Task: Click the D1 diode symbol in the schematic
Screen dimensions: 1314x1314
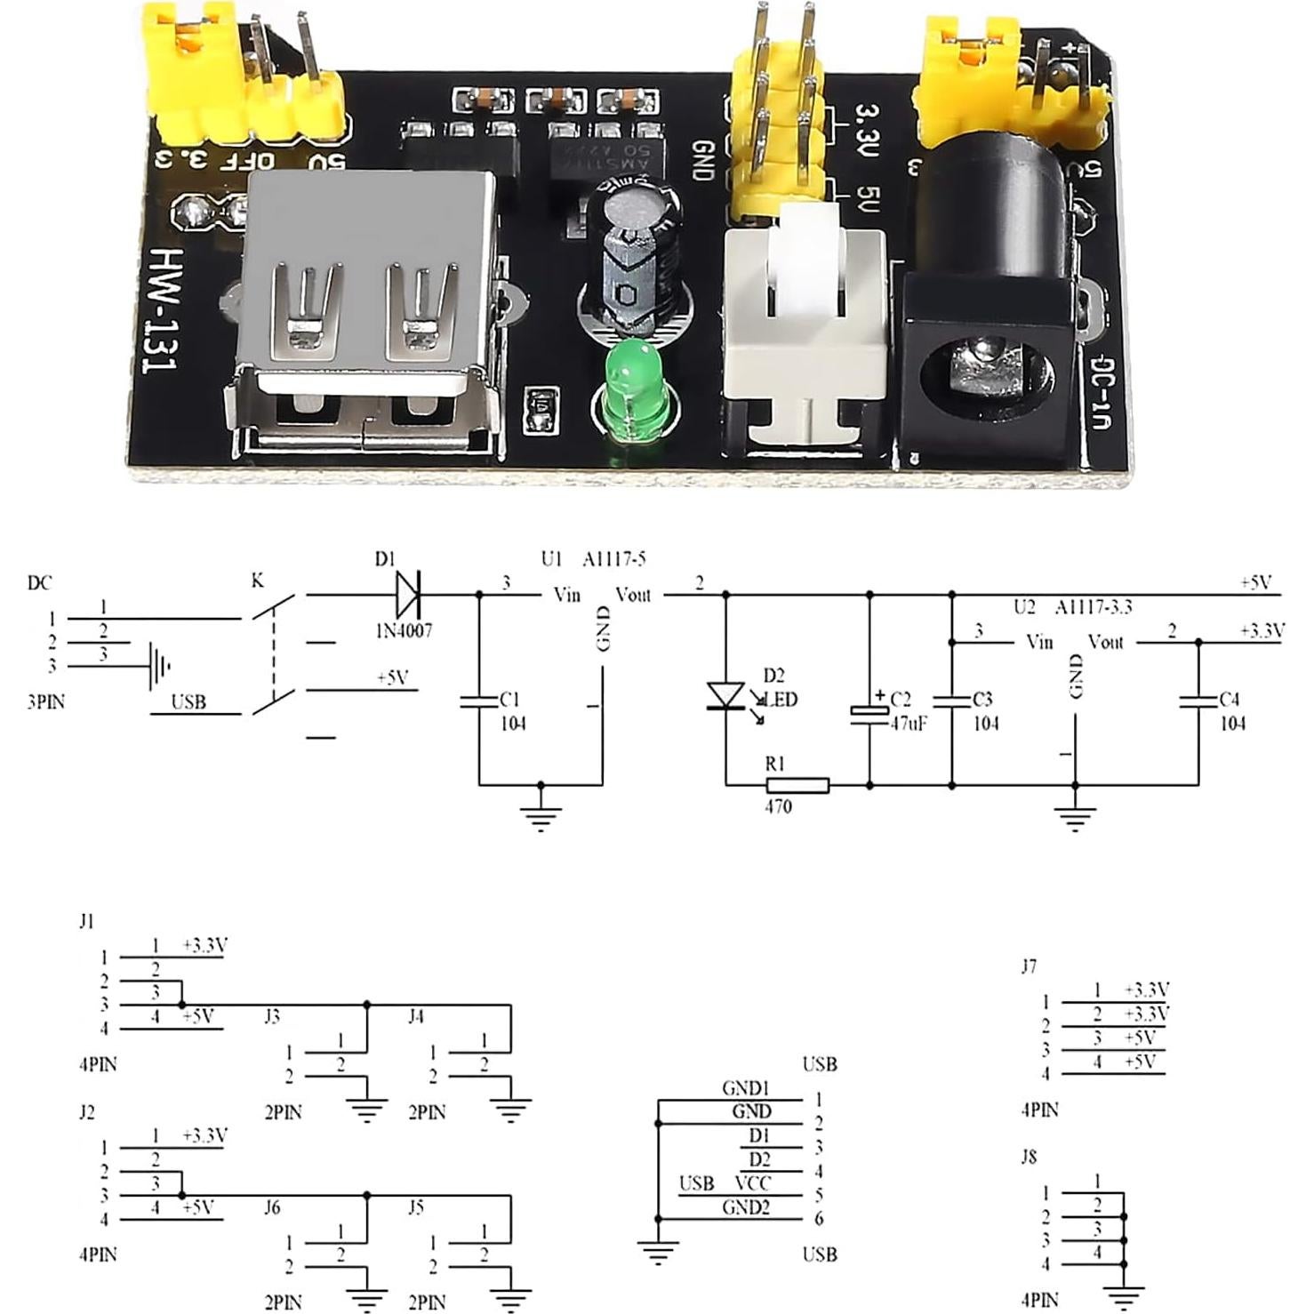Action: point(408,594)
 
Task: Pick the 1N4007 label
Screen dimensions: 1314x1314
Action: point(403,630)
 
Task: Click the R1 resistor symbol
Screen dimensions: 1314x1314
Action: point(797,785)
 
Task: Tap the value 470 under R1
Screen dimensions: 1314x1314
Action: point(777,807)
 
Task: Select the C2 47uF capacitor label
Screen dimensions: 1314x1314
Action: point(907,711)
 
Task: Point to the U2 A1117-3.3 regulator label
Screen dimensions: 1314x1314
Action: point(1072,607)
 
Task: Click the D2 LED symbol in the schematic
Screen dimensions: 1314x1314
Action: point(726,695)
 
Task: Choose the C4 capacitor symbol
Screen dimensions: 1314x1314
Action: point(1198,701)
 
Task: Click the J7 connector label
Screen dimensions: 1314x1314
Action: point(1029,966)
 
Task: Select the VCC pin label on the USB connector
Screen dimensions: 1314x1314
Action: point(752,1183)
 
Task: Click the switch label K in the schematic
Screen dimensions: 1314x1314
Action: point(257,581)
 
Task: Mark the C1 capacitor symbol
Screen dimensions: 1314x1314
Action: point(479,701)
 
